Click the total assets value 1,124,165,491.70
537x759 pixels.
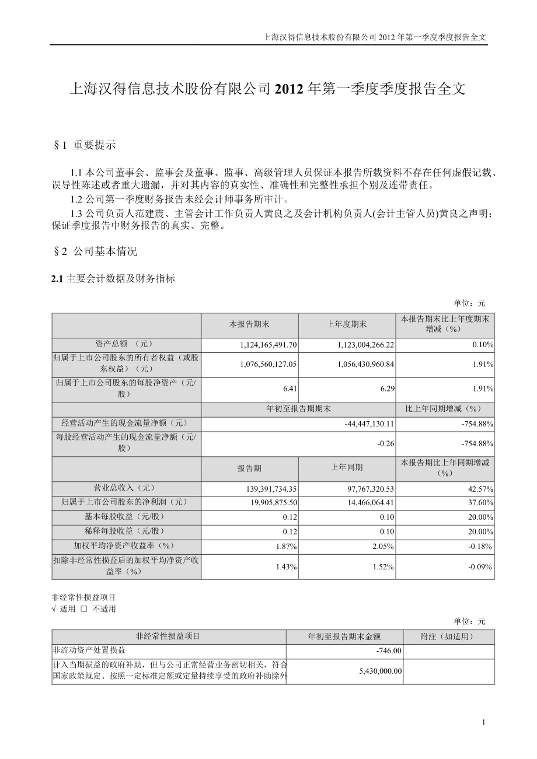coord(268,345)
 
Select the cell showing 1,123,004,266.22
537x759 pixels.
coord(365,345)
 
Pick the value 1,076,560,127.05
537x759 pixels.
coord(268,364)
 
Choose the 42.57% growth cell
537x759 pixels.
coord(482,489)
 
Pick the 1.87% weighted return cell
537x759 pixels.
coord(287,547)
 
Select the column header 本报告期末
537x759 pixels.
coord(249,324)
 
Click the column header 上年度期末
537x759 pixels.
coord(347,324)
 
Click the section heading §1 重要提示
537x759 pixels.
coord(84,145)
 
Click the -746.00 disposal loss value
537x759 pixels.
coord(389,650)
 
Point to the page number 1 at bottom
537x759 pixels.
coord(484,723)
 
